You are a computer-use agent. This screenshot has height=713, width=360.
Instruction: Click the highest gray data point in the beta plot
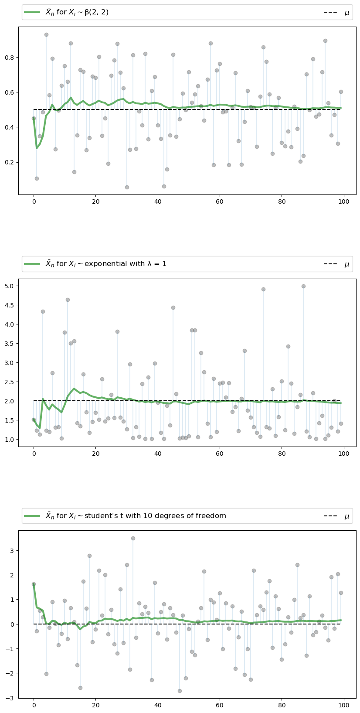pos(46,34)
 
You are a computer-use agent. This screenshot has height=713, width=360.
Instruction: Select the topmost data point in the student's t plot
pos(133,538)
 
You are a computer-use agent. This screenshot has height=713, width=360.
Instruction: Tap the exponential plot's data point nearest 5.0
pos(303,286)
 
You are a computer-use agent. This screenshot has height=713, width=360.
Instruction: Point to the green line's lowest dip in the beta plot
pos(37,148)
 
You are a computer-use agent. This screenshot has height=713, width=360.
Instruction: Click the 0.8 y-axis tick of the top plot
pos(10,58)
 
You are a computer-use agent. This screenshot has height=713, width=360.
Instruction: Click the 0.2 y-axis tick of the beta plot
pos(10,162)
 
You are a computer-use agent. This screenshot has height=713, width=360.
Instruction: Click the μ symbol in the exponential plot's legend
pos(347,264)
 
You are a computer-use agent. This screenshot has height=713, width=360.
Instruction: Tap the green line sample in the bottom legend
pos(32,516)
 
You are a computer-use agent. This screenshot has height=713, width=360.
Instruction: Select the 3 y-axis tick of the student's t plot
pos(12,550)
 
